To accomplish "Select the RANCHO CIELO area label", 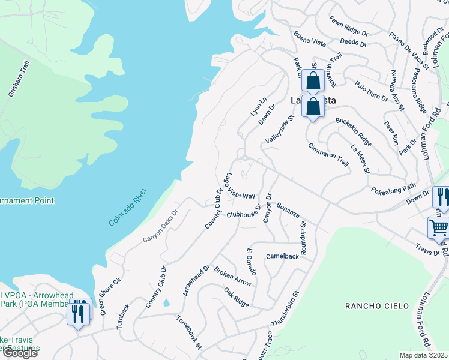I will coord(372,306).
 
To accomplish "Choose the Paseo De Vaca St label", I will coord(408,52).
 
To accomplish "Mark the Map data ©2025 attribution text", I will coord(424,355).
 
